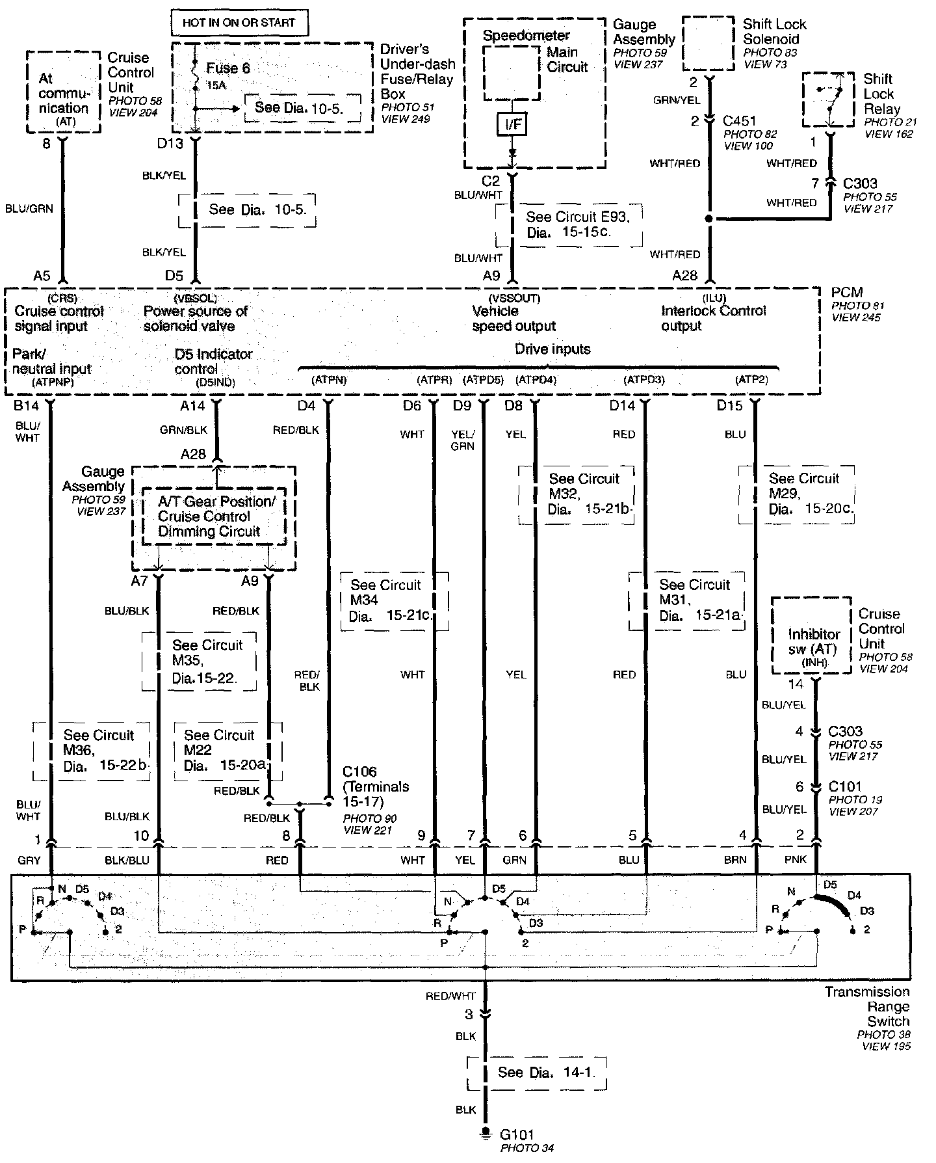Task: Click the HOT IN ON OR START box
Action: click(x=239, y=23)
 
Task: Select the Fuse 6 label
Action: click(x=227, y=68)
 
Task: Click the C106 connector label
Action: click(x=359, y=772)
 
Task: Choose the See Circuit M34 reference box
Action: click(x=394, y=601)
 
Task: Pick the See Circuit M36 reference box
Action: click(x=92, y=751)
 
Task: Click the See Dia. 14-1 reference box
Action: click(x=537, y=1073)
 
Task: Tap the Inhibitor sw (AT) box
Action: click(x=811, y=635)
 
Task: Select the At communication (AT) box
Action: click(x=63, y=92)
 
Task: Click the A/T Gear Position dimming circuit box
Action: click(x=214, y=516)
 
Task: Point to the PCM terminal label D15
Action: click(x=729, y=406)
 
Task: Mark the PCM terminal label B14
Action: click(x=26, y=406)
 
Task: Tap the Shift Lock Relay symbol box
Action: click(x=828, y=100)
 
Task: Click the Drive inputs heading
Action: click(x=552, y=349)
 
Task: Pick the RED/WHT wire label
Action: click(x=451, y=996)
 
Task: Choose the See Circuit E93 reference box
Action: click(x=568, y=225)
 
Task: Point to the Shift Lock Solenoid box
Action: click(x=708, y=44)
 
